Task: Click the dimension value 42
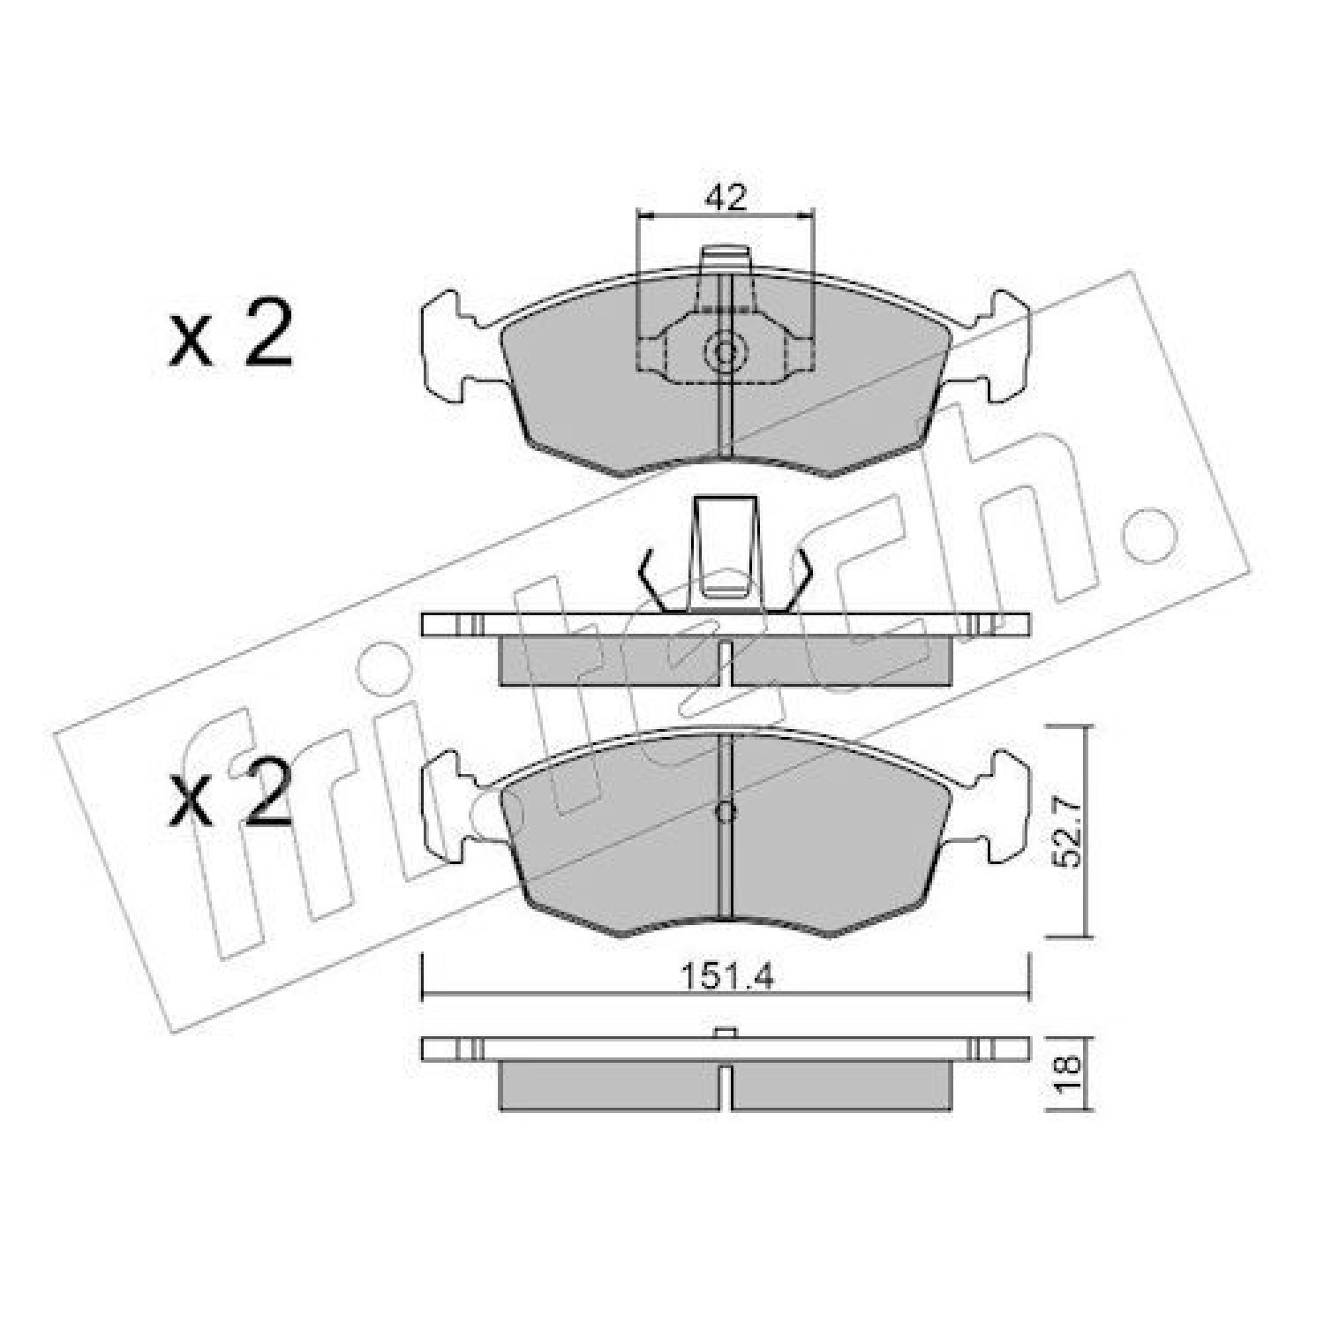(725, 197)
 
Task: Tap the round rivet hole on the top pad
(725, 352)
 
